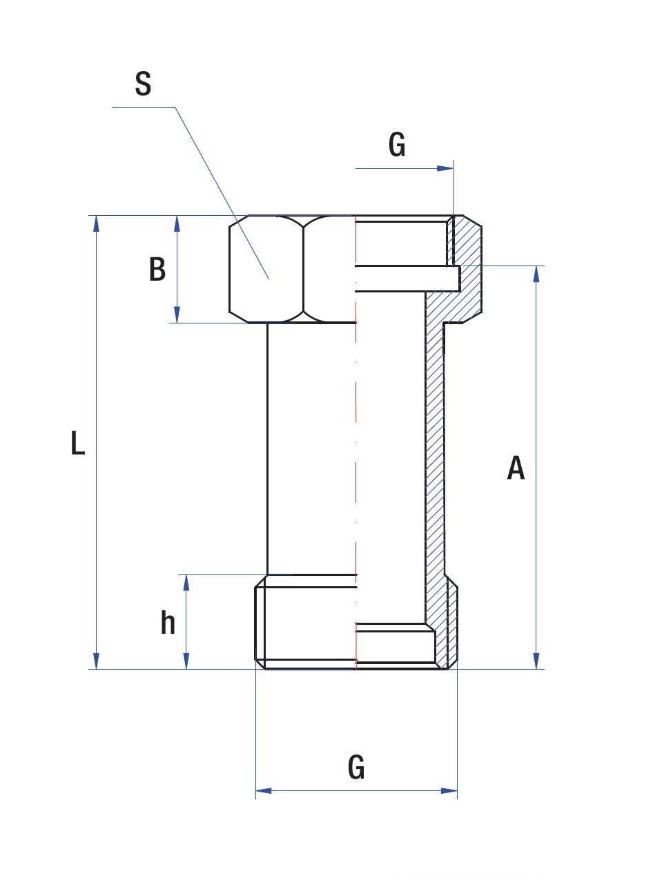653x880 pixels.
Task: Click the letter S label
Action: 143,84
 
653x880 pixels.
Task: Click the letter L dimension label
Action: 78,443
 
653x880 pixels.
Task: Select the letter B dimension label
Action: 157,269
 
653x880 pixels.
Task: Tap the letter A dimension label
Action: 516,468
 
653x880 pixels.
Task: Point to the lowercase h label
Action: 168,623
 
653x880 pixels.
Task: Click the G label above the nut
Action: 397,146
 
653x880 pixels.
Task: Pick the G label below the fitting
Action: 356,767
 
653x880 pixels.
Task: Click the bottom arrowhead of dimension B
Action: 177,315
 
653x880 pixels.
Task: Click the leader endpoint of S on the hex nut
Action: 269,279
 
